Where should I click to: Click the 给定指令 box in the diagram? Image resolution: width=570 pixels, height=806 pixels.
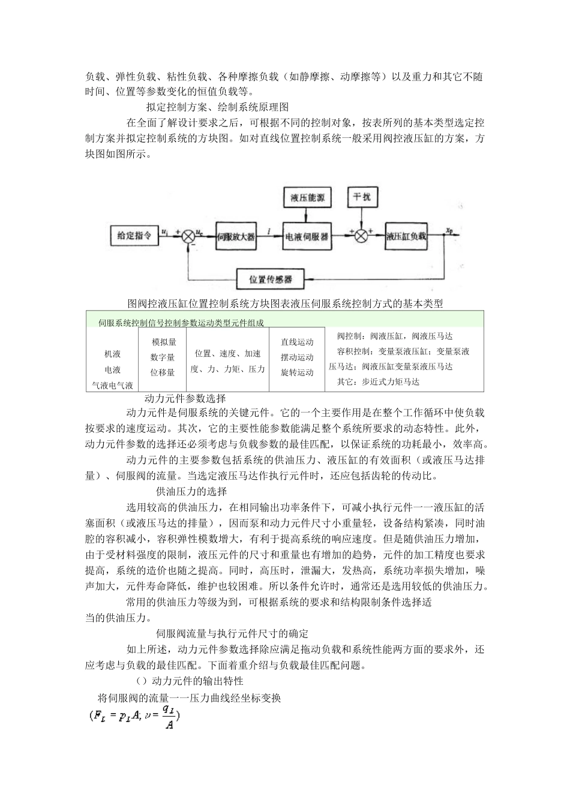133,236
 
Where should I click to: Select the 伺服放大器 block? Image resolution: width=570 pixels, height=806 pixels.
236,237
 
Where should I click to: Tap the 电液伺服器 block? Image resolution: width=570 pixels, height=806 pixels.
307,237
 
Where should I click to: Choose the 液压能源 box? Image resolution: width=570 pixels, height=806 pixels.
307,197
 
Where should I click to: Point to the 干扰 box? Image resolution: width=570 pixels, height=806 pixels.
362,197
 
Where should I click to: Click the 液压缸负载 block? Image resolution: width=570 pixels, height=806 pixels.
406,237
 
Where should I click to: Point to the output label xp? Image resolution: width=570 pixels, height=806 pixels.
449,230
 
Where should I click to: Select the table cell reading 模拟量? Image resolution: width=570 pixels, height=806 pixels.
163,342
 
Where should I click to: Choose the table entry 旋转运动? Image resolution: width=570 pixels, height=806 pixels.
297,372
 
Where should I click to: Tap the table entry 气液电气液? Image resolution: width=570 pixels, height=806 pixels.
112,386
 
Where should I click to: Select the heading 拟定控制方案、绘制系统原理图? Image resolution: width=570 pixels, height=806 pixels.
218,107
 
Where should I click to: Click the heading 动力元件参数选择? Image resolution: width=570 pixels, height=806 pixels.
185,398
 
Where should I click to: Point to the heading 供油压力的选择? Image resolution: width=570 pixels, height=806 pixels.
191,491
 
